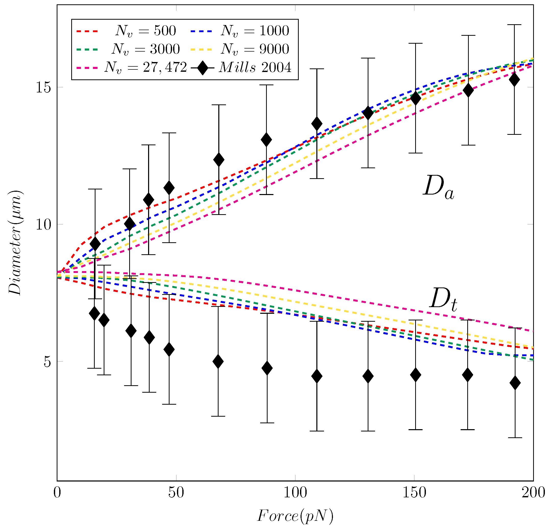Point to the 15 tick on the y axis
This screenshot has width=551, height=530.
coord(43,87)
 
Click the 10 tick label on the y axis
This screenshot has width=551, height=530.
coord(43,224)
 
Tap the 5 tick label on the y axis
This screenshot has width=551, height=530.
coord(47,362)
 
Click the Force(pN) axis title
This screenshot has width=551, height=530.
coord(295,516)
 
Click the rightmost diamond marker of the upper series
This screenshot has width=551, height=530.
coord(514,80)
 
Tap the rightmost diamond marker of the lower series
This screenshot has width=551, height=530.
coord(515,383)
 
